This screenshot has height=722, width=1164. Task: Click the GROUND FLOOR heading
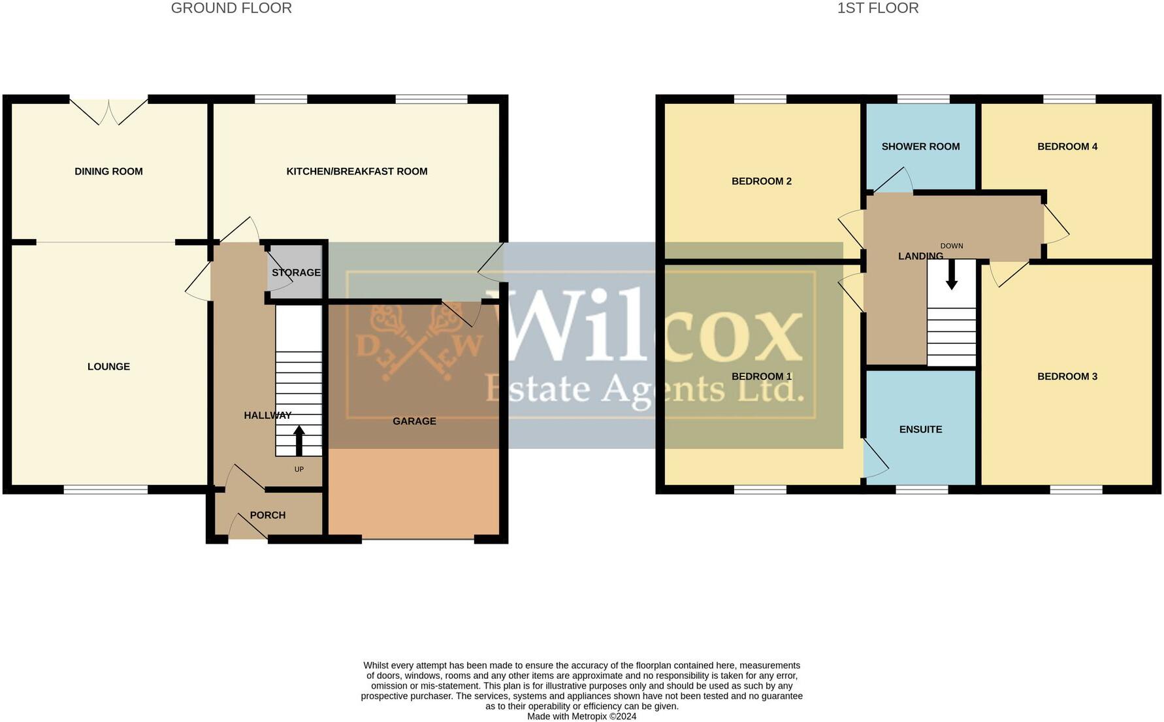(x=231, y=8)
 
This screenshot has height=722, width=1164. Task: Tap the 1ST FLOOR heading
(x=877, y=8)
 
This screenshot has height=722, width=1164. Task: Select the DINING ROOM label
(x=108, y=171)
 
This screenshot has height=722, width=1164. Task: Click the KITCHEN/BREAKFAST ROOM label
(x=357, y=171)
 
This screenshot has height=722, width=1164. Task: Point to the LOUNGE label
(x=108, y=367)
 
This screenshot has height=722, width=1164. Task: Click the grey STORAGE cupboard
(x=296, y=272)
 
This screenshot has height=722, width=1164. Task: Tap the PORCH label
(x=268, y=515)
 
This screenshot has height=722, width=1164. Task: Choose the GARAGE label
(x=414, y=421)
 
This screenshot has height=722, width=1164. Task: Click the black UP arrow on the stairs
(x=299, y=440)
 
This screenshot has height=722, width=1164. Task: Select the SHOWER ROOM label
(x=920, y=146)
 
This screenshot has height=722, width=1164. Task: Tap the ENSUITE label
(x=920, y=429)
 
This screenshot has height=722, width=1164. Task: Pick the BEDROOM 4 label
(x=1067, y=146)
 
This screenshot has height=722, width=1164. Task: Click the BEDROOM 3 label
(x=1067, y=376)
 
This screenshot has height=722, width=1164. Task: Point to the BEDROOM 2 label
(x=762, y=181)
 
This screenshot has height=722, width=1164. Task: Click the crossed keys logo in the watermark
(x=418, y=340)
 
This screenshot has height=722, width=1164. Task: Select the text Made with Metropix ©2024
(x=581, y=716)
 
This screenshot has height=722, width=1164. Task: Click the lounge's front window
(x=106, y=489)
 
